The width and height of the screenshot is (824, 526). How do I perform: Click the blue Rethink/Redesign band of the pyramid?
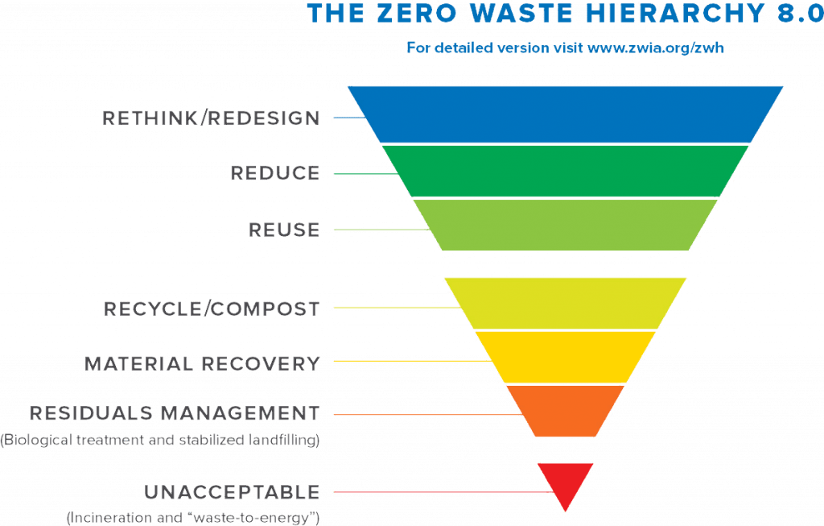(566, 114)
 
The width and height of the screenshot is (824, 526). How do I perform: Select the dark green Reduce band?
(566, 170)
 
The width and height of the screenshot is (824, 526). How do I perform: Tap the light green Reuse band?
(566, 225)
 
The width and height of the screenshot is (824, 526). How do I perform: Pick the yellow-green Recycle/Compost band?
(566, 303)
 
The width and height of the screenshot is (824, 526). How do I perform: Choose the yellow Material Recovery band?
(566, 357)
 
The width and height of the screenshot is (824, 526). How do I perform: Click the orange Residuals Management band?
(566, 410)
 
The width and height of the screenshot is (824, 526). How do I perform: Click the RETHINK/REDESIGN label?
(212, 119)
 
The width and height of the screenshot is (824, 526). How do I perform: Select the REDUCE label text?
(275, 173)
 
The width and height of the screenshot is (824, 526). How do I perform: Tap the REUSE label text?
(284, 230)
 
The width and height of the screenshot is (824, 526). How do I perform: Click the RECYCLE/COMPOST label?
(213, 309)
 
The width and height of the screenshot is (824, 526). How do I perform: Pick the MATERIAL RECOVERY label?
(203, 363)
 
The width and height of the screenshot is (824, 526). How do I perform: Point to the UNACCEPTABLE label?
(233, 491)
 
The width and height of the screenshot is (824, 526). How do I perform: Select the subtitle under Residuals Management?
(161, 440)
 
